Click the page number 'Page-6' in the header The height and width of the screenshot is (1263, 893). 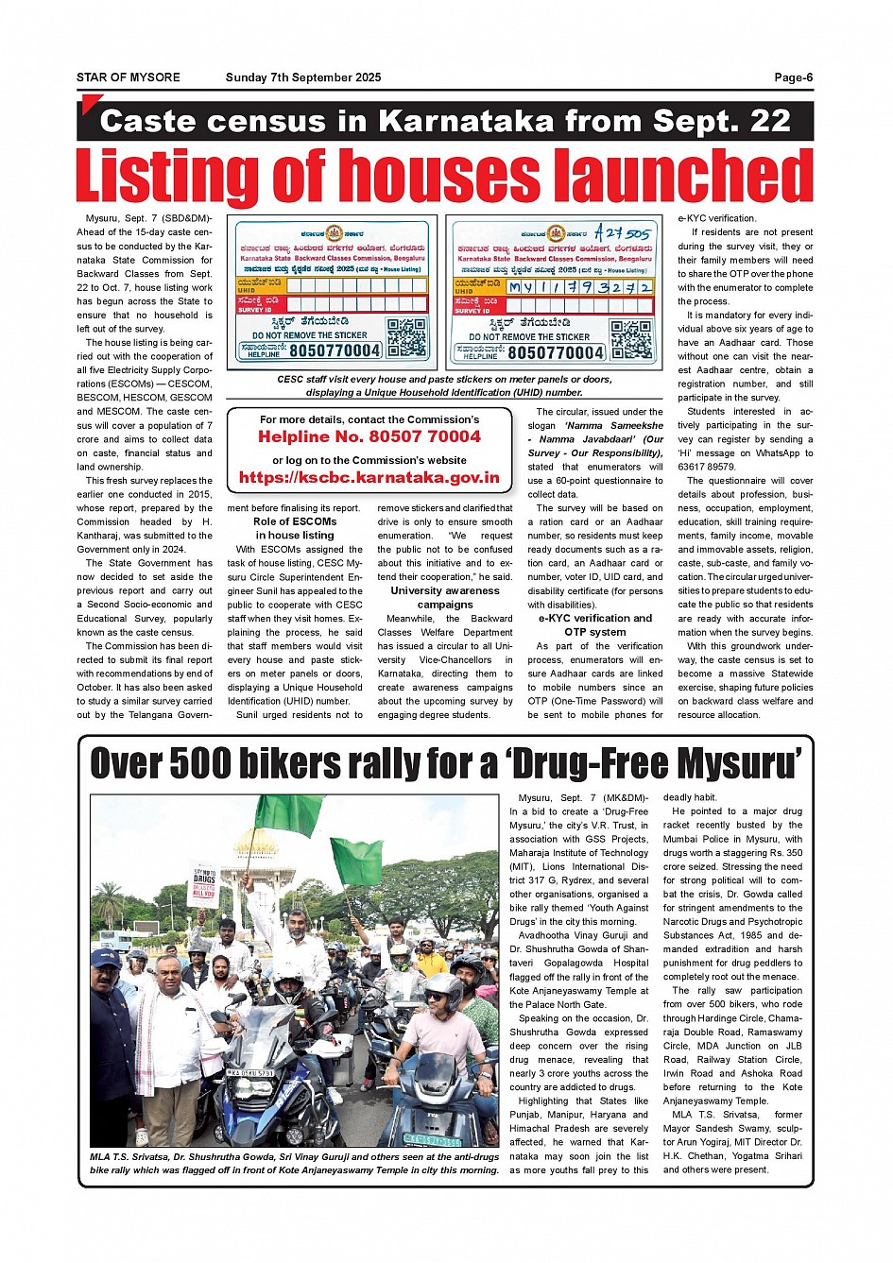[793, 77]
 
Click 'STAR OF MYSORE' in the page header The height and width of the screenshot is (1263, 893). [129, 77]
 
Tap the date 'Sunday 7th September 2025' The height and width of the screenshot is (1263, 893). [303, 77]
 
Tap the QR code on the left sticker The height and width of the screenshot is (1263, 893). [406, 337]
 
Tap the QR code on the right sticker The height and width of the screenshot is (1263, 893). [629, 340]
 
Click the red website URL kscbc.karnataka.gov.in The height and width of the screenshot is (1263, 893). [369, 477]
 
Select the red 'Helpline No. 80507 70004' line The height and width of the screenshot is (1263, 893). [369, 436]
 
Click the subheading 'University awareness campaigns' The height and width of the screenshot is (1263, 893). [445, 597]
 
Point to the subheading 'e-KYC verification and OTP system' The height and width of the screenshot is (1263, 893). [595, 624]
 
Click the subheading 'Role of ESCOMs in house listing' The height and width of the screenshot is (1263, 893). [295, 528]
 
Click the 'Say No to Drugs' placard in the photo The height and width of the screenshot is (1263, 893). [203, 884]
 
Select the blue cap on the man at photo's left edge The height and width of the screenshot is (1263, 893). [105, 958]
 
